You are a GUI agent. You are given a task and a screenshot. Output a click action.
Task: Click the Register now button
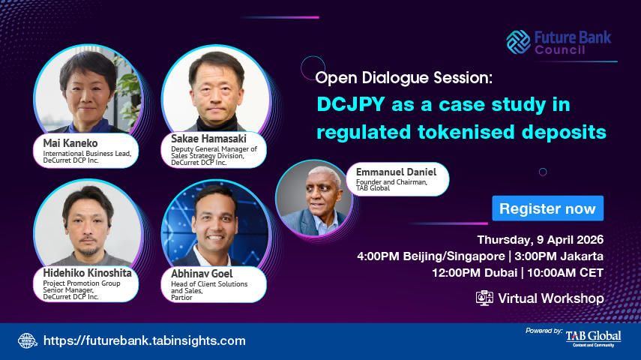[x=547, y=208]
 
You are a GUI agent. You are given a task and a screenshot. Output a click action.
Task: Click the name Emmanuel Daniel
[x=391, y=172]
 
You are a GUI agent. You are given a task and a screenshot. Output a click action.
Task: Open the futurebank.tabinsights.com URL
[x=145, y=340]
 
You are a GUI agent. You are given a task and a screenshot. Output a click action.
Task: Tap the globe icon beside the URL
[x=27, y=340]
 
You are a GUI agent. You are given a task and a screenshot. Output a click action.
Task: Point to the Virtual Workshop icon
[x=485, y=298]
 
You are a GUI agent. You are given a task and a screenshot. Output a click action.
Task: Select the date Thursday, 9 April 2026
[x=541, y=240]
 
